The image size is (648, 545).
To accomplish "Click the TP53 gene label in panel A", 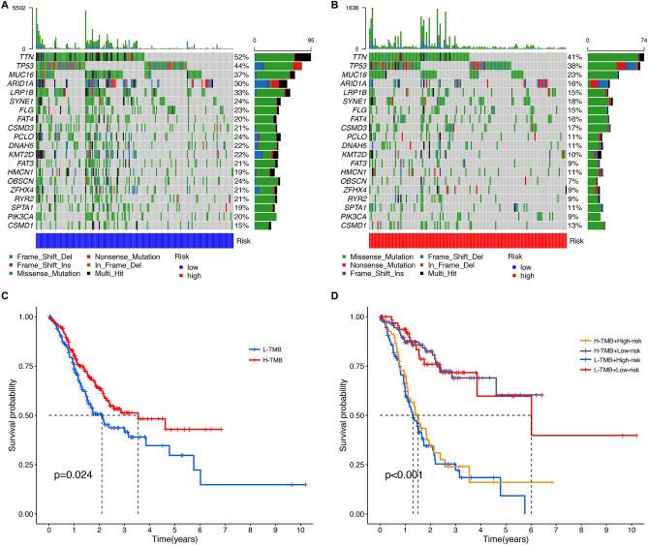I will [21, 66].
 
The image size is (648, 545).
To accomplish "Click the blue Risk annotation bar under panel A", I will [134, 240].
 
